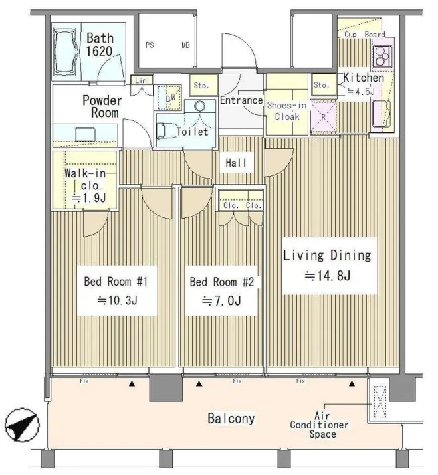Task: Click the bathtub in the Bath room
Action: pos(66,52)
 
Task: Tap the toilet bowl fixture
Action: pos(165,132)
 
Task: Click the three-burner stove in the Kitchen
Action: pos(382,56)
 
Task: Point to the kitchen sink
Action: pos(382,114)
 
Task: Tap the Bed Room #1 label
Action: pos(116,282)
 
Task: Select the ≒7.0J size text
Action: pos(221,300)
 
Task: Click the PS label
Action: pos(150,45)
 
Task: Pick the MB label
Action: pos(186,45)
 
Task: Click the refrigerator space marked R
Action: pos(324,117)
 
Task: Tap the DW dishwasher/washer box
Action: pos(169,98)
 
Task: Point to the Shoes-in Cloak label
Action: pos(286,110)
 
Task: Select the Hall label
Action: pos(236,163)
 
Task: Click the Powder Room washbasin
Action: pos(85,134)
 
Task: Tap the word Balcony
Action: pos(231,419)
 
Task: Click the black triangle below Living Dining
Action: pos(352,384)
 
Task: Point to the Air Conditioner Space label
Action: pos(319,425)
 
